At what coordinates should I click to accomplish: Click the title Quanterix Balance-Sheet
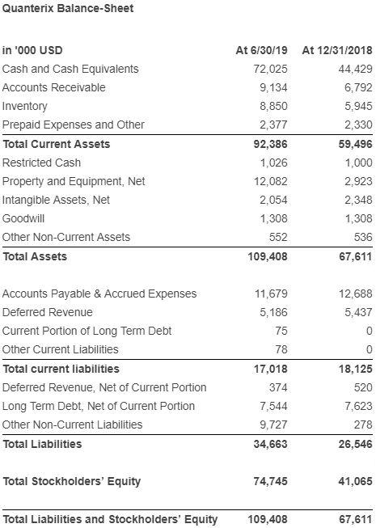[x=68, y=8]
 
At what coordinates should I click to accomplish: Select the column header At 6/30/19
[x=261, y=50]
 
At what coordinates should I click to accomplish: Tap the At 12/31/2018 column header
[x=337, y=50]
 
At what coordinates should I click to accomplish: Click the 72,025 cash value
[x=270, y=69]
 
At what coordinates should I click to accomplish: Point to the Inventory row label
[x=24, y=107]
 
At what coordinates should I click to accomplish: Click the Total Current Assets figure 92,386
[x=270, y=144]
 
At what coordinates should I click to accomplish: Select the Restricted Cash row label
[x=41, y=163]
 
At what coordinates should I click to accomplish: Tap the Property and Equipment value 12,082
[x=271, y=181]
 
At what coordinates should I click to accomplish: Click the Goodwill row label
[x=23, y=218]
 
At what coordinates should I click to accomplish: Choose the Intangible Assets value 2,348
[x=358, y=200]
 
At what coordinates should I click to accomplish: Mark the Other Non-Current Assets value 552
[x=278, y=237]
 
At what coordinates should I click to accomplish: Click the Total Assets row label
[x=35, y=256]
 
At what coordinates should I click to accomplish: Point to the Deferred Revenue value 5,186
[x=273, y=312]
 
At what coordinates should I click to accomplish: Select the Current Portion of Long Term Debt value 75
[x=281, y=331]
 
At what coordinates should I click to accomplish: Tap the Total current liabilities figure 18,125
[x=356, y=369]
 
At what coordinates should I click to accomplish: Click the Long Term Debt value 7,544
[x=273, y=406]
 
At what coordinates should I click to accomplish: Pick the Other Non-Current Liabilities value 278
[x=363, y=425]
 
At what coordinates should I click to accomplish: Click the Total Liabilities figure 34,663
[x=270, y=444]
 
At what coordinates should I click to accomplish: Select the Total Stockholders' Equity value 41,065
[x=356, y=481]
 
